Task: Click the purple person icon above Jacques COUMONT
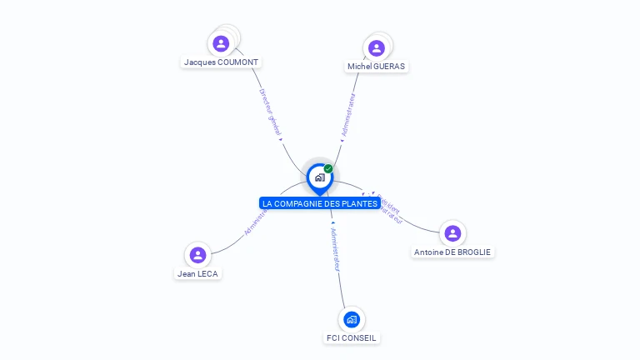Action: tap(221, 43)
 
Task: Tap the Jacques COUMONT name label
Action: tap(222, 62)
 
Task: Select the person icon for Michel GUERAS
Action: tap(377, 47)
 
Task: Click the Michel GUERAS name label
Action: tap(377, 67)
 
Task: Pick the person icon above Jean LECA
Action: tap(197, 255)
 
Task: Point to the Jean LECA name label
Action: tap(198, 273)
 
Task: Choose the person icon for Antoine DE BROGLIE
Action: tap(452, 233)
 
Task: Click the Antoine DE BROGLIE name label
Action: tap(452, 252)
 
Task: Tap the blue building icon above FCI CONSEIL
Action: tap(352, 319)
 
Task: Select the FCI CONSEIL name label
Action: tap(352, 338)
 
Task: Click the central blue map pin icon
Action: tap(319, 177)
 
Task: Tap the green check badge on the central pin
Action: tap(328, 169)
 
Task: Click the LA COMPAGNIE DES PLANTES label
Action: tap(320, 203)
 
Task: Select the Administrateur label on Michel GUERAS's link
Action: tap(348, 114)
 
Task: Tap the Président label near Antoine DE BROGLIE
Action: tap(387, 202)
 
